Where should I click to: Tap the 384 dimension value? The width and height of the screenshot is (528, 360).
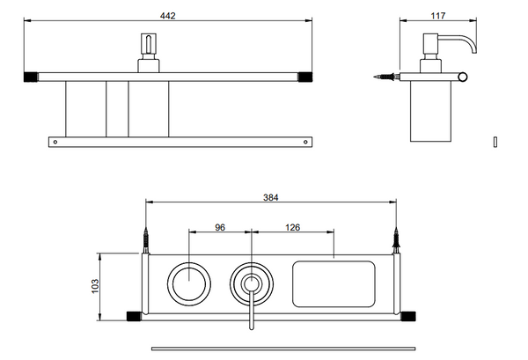[271, 197]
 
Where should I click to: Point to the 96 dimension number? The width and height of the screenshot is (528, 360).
[221, 227]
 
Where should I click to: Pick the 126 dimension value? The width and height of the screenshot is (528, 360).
[293, 227]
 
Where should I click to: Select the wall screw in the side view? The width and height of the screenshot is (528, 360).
[384, 77]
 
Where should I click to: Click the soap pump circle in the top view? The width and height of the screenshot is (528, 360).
[251, 283]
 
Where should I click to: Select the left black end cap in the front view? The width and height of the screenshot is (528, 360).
[30, 76]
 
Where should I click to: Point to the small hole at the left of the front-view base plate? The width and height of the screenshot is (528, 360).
[55, 140]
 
